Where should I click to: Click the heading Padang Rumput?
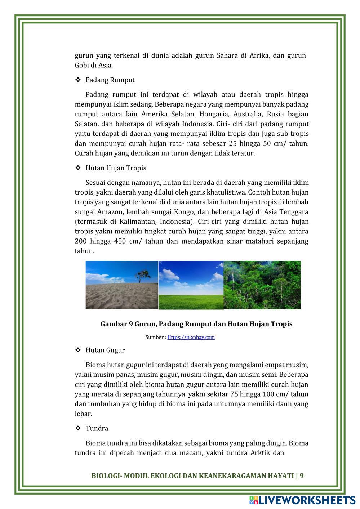[x=110, y=80]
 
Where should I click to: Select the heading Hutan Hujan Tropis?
[x=116, y=168]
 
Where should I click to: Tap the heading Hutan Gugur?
[x=105, y=350]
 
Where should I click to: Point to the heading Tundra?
[x=97, y=428]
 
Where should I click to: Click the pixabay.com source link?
[x=191, y=337]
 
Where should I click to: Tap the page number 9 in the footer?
[x=302, y=475]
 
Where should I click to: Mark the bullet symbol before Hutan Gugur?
[x=77, y=350]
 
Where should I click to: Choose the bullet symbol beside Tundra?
[x=77, y=428]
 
